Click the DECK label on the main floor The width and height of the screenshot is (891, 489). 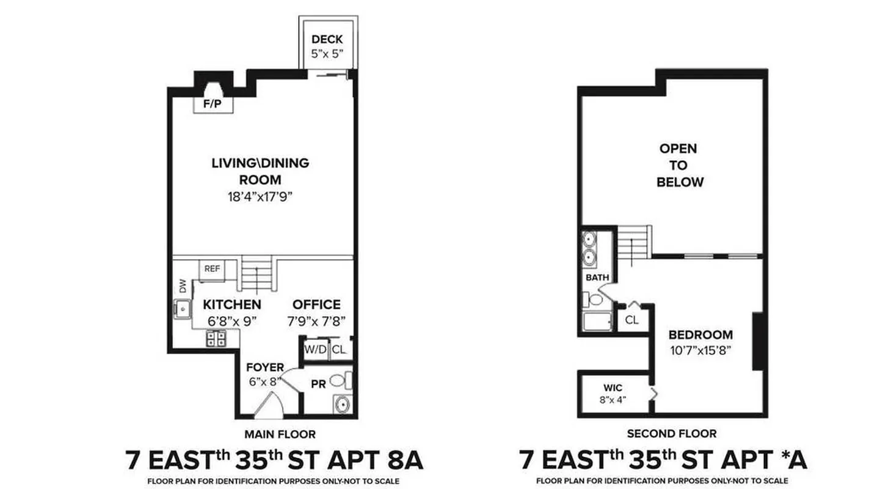point(327,40)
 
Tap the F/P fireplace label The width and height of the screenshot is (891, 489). point(213,104)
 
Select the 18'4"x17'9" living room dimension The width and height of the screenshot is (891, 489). point(260,197)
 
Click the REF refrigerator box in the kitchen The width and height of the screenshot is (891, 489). point(212,268)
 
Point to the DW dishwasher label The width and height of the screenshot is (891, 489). point(182,285)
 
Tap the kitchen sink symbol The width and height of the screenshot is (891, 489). point(182,311)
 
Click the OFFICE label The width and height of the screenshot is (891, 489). point(316,304)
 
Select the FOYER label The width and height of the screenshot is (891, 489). point(265,367)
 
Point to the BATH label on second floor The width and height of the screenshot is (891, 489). point(597,278)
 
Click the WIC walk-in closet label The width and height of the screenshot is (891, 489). point(613,388)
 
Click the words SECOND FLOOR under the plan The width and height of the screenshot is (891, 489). point(672,434)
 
